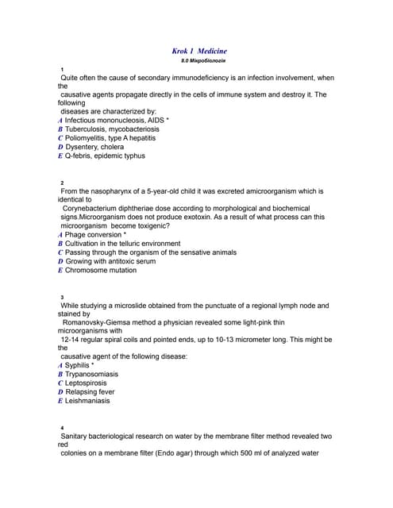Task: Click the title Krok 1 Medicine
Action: point(199,51)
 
